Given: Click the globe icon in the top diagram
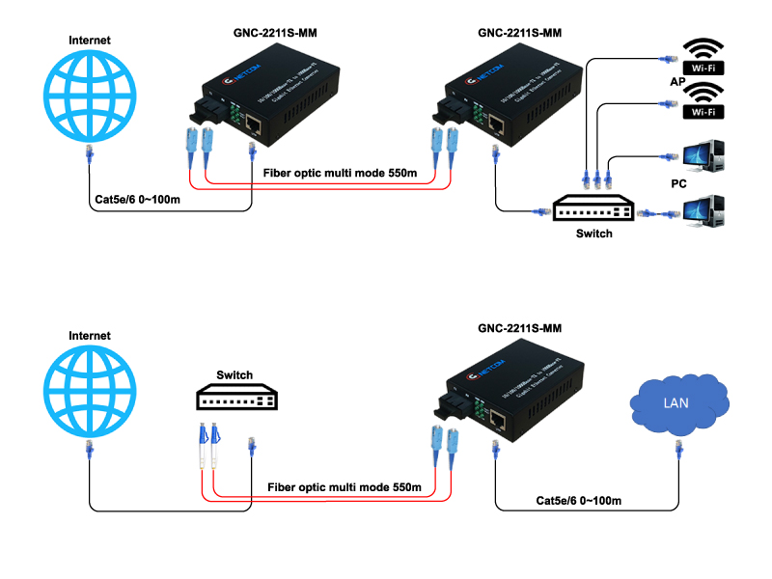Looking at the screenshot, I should (x=91, y=96).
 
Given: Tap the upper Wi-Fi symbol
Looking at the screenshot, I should (x=703, y=55).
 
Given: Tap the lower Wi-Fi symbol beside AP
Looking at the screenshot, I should (x=703, y=99).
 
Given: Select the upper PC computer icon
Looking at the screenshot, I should (x=703, y=159).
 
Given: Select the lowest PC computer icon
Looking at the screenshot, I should (x=703, y=213).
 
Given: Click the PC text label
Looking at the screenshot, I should (x=678, y=181).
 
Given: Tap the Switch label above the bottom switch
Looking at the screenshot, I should (x=234, y=374).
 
